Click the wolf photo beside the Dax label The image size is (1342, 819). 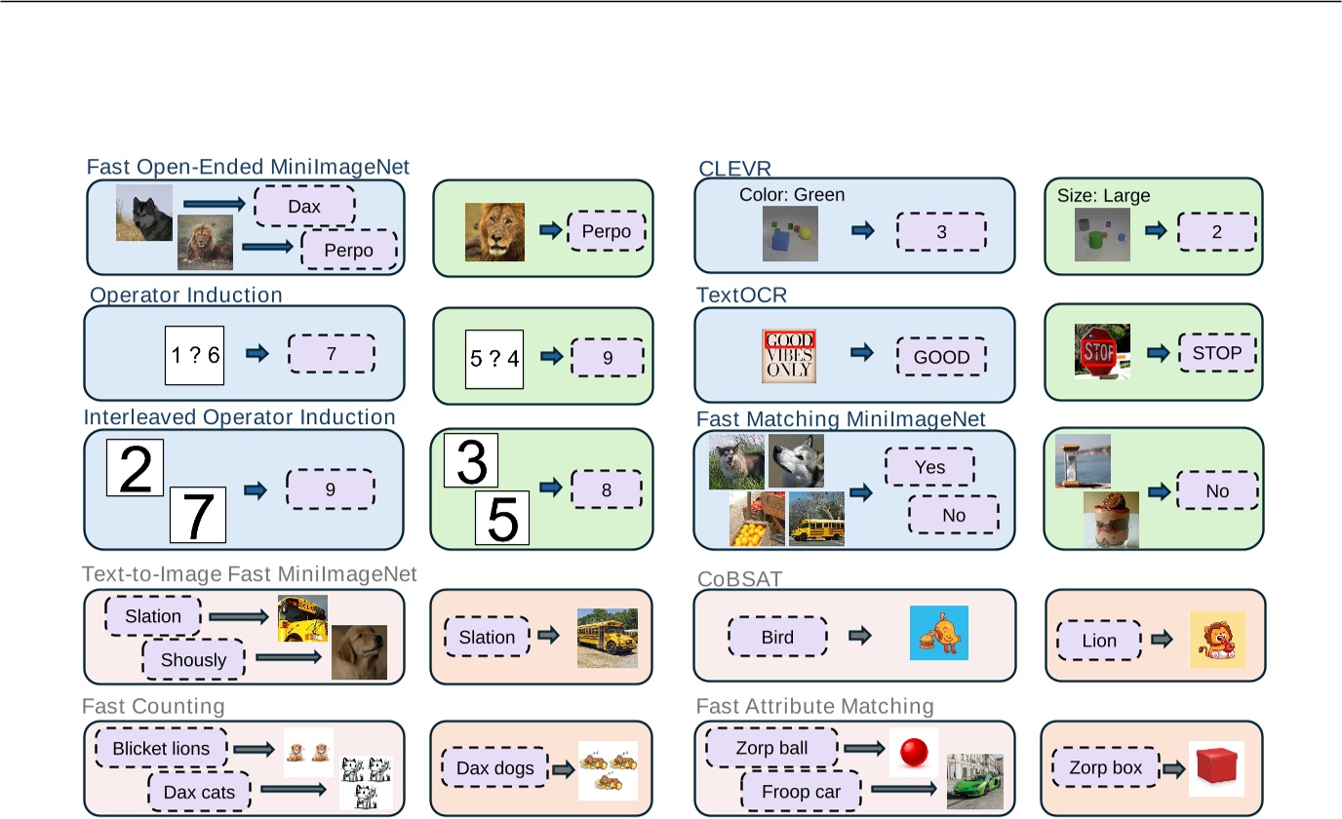tap(144, 213)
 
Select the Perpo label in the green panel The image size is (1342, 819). tap(607, 232)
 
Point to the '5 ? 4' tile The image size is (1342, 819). tap(494, 358)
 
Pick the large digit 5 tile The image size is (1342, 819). tap(501, 517)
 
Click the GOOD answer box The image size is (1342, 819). tap(941, 357)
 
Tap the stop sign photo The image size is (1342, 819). tap(1102, 352)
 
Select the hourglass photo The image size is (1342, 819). tap(1083, 461)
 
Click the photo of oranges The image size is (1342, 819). tap(757, 519)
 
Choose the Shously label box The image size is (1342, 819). tap(193, 660)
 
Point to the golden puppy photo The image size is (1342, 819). tap(359, 651)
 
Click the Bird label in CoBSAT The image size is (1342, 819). tap(777, 638)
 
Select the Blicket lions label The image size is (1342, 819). tap(161, 749)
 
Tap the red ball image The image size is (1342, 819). tap(914, 752)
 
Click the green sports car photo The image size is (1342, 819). tap(974, 780)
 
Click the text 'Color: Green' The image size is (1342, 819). tap(792, 195)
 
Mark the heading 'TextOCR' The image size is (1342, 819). tap(741, 294)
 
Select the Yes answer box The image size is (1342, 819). tap(929, 467)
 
